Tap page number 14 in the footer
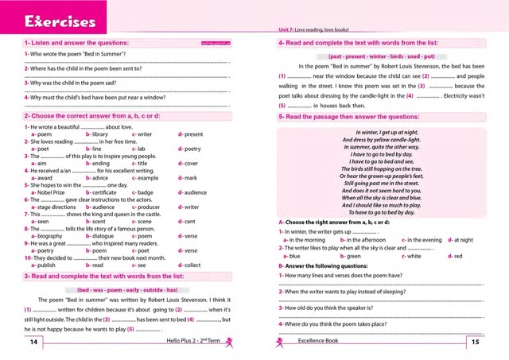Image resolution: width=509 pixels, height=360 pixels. [33, 343]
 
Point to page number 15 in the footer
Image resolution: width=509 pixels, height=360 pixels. [475, 343]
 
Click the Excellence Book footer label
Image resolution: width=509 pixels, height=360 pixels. [318, 343]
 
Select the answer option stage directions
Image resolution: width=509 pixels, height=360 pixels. [53, 207]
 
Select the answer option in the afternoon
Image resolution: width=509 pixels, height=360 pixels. [366, 239]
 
